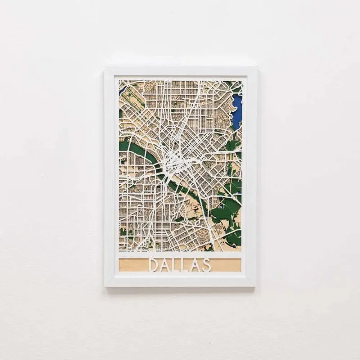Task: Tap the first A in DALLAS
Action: click(x=165, y=265)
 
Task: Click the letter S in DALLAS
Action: click(x=206, y=265)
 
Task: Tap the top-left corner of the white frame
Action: click(x=105, y=67)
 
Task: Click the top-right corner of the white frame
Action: click(x=256, y=67)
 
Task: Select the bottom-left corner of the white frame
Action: click(x=105, y=286)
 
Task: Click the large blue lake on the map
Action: click(x=237, y=108)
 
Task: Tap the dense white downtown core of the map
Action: click(x=172, y=162)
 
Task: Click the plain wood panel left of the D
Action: click(x=132, y=265)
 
